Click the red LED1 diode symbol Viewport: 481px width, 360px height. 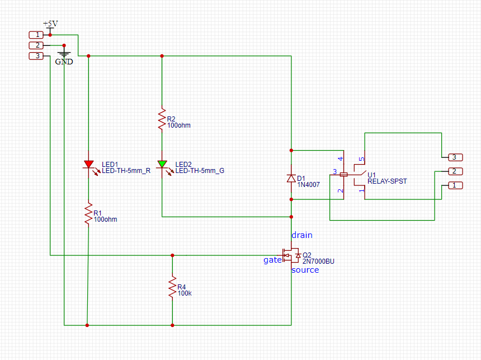(89, 165)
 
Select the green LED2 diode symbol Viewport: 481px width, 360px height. (162, 165)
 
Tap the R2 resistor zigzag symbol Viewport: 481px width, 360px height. (162, 119)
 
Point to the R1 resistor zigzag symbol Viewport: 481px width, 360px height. (89, 213)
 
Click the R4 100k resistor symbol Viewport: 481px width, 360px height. (172, 287)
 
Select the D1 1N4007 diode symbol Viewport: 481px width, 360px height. (291, 178)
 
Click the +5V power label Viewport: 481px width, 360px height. (50, 24)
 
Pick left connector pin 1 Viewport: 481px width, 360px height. (36, 35)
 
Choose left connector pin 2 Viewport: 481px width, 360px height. (36, 45)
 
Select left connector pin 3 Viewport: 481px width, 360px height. (36, 56)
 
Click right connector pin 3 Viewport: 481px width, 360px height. (455, 157)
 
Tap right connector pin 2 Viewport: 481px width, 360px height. (455, 171)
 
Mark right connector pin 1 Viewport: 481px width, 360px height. (455, 185)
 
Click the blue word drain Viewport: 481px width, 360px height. (302, 235)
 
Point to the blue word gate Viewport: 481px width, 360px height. (273, 260)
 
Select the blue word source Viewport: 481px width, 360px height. (305, 270)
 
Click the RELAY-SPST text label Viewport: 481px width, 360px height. (387, 181)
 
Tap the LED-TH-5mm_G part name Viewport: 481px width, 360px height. (200, 171)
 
